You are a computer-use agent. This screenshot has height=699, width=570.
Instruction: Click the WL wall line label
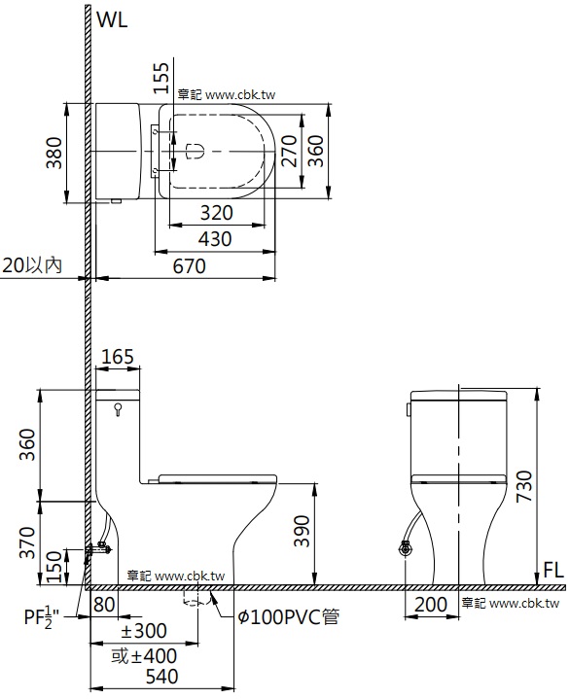pos(112,19)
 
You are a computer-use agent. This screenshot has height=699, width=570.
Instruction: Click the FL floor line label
pos(553,570)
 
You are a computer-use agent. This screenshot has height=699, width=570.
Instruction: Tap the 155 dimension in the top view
pos(161,78)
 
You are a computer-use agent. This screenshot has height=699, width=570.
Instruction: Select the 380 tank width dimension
pos(54,153)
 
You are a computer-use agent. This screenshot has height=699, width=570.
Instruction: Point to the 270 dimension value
pos(290,151)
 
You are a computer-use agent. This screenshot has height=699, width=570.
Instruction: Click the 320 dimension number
pos(217,213)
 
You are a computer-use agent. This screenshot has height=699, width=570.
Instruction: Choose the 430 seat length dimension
pos(215,239)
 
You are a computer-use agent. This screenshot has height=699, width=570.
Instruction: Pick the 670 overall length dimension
pos(190,266)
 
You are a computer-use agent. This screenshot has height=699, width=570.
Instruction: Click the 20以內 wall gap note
pos(32,265)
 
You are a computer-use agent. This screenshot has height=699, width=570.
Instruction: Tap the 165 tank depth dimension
pos(118,357)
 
